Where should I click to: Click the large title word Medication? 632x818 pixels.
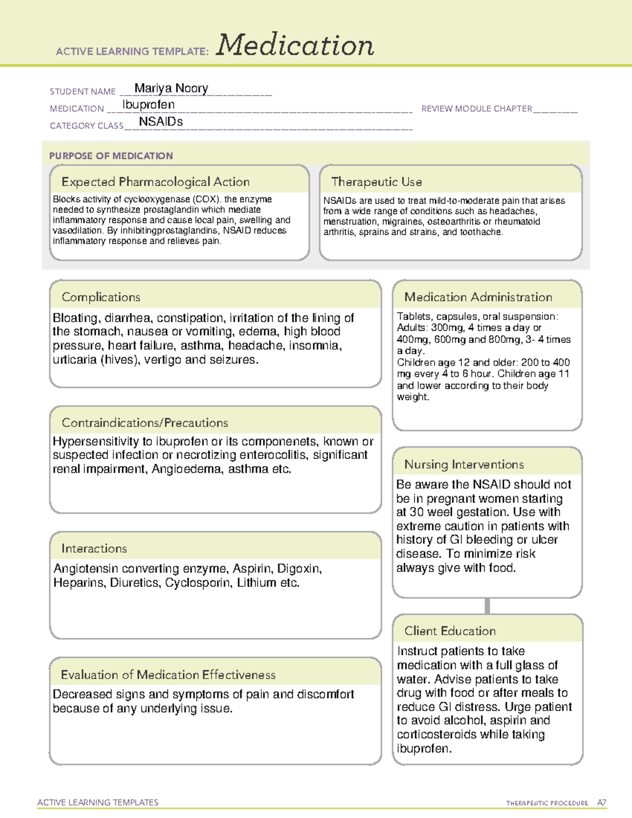(295, 45)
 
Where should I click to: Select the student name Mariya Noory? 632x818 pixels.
(171, 88)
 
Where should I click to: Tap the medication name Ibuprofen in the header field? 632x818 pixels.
(149, 105)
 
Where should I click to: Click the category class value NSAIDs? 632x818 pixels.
(161, 122)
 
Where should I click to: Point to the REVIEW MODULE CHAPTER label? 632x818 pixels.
(477, 109)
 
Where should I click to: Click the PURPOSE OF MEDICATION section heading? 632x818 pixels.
(111, 156)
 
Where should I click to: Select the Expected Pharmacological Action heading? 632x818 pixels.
(155, 182)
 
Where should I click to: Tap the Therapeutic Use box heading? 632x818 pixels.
(377, 182)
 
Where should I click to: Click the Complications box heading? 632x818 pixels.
(101, 297)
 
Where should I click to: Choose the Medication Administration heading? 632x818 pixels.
(478, 297)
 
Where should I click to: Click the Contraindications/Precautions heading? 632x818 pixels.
(145, 422)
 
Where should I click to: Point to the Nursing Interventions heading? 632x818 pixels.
(464, 464)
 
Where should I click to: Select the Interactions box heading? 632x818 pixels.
(94, 548)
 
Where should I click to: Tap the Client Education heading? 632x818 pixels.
(450, 630)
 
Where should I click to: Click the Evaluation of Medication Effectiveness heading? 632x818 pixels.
(168, 675)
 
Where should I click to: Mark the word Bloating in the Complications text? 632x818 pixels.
(75, 318)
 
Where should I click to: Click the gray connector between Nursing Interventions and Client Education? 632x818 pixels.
(487, 606)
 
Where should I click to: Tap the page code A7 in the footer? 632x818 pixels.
(601, 803)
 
